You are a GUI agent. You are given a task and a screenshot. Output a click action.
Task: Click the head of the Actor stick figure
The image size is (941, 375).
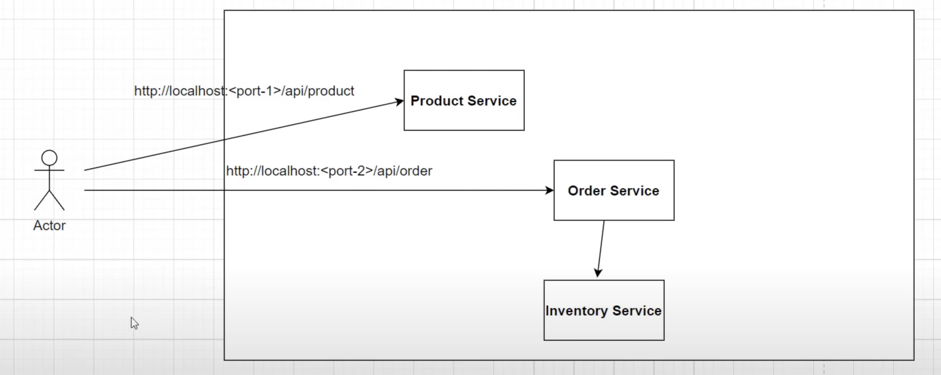pyautogui.click(x=49, y=158)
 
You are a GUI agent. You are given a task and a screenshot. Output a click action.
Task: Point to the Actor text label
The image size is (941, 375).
pyautogui.click(x=49, y=226)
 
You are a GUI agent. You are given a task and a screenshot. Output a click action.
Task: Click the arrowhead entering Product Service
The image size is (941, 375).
pyautogui.click(x=399, y=102)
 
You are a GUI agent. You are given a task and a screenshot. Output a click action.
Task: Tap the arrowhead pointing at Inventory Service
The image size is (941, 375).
pyautogui.click(x=598, y=272)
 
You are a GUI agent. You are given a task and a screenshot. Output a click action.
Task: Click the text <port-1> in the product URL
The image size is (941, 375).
pyautogui.click(x=255, y=91)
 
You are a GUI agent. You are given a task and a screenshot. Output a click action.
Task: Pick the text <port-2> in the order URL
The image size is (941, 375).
pyautogui.click(x=347, y=171)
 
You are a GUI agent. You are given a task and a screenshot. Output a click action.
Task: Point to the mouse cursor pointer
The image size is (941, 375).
pyautogui.click(x=134, y=323)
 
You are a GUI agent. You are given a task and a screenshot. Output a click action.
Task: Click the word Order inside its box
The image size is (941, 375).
pyautogui.click(x=586, y=191)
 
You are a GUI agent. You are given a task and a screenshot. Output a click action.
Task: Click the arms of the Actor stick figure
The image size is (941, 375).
pyautogui.click(x=49, y=170)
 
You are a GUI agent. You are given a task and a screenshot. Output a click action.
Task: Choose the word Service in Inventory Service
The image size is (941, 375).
pyautogui.click(x=637, y=311)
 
